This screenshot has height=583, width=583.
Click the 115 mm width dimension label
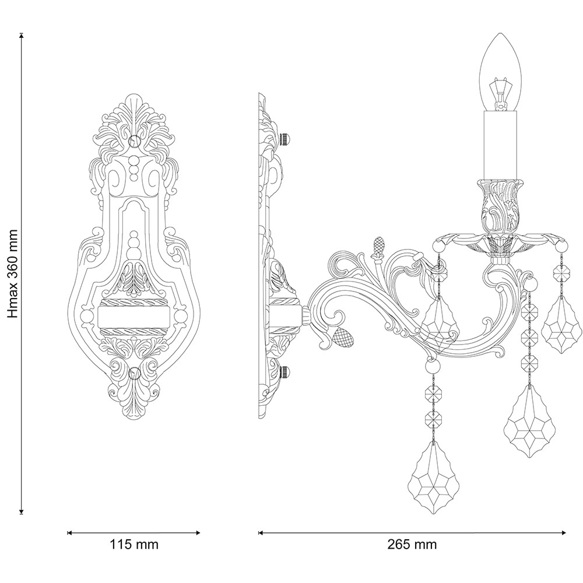coord(134,545)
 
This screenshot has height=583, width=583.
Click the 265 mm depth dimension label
coord(412,545)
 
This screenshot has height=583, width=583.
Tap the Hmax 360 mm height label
coord(12,273)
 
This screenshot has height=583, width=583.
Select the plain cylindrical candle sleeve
coord(500,145)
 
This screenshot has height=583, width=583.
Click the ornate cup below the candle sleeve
coord(500,206)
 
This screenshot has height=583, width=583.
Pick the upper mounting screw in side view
coord(285,139)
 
